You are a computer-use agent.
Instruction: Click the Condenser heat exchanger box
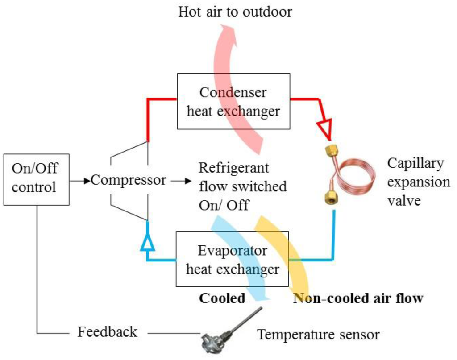[233, 101]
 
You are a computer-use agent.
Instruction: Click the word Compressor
[129, 181]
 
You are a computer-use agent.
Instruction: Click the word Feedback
[107, 332]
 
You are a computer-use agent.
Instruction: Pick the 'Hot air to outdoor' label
[235, 12]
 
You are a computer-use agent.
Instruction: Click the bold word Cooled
[222, 298]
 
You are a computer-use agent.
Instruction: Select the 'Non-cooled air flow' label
[357, 298]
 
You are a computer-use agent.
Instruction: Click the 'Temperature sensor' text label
[318, 334]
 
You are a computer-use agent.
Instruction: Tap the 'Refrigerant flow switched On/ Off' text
[242, 186]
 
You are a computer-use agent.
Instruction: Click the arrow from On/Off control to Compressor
[80, 181]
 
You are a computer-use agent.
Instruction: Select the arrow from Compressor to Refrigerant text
[181, 181]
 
